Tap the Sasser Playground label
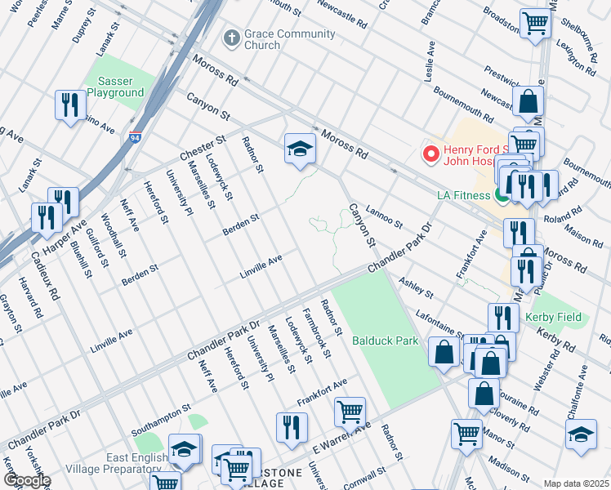coord(120,87)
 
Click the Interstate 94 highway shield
coord(134,139)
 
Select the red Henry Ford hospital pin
coord(429,153)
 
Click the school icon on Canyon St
coord(300,149)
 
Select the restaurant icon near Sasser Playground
coord(69,105)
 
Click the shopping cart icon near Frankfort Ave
coord(350,412)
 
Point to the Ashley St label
coord(416,288)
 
